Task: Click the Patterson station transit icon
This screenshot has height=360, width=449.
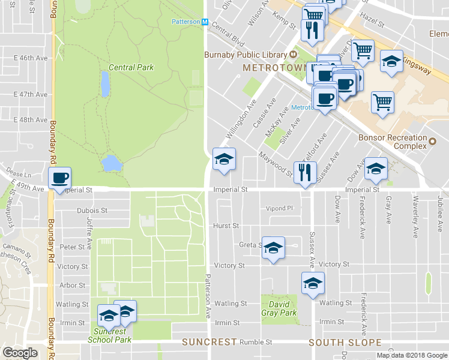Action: (205, 22)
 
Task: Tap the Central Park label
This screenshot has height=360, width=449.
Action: (131, 67)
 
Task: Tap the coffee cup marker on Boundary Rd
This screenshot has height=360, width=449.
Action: (60, 178)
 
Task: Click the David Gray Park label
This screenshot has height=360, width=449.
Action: (279, 308)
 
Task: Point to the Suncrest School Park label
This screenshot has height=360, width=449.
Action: (109, 335)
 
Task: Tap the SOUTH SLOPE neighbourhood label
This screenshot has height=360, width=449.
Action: (345, 343)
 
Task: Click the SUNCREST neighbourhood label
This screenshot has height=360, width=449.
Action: (209, 342)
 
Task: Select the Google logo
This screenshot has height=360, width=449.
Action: (20, 353)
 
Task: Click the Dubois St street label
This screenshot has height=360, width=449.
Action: (92, 211)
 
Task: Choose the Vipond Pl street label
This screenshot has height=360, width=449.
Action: (280, 209)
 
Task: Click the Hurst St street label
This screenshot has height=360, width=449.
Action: (226, 226)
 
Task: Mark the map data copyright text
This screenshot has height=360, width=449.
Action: (412, 355)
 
